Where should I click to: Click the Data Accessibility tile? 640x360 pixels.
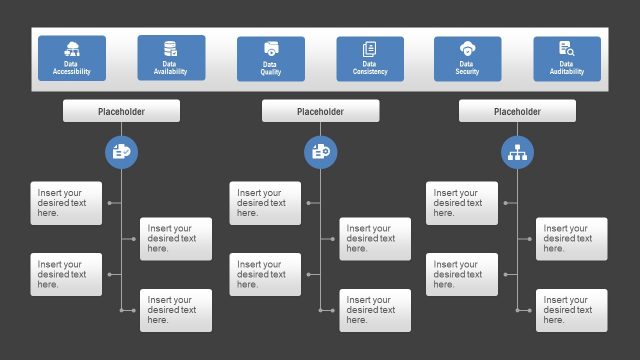[x=72, y=58]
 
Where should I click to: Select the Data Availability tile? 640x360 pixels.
[x=171, y=58]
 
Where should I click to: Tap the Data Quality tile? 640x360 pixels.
[x=270, y=58]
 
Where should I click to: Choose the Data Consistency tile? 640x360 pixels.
[x=370, y=58]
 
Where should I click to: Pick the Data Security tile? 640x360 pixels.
[x=467, y=58]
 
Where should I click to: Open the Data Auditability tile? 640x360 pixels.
[x=567, y=58]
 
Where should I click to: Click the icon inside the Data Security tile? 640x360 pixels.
[x=467, y=49]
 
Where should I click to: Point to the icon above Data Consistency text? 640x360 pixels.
[x=370, y=49]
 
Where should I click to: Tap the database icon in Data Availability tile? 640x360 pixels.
[x=171, y=48]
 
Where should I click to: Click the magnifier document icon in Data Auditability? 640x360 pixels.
[x=566, y=49]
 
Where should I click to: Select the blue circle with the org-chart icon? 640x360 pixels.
[x=518, y=152]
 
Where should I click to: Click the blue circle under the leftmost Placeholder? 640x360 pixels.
[x=121, y=152]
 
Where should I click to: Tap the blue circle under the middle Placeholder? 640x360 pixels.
[x=320, y=152]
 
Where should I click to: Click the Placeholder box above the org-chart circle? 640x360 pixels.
[x=517, y=111]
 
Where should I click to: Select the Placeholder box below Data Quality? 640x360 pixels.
[x=320, y=111]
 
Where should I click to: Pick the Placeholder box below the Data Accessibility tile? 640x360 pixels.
[x=121, y=111]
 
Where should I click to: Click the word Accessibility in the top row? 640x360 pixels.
[x=72, y=73]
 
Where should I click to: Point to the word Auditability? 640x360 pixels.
[x=567, y=73]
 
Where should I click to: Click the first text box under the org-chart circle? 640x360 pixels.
[x=462, y=203]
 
